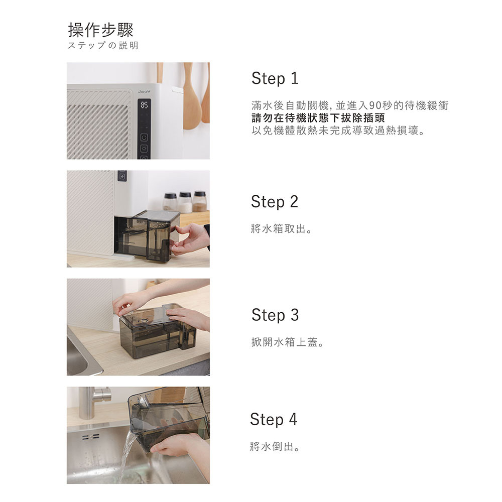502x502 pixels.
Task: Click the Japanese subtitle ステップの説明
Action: coord(103,46)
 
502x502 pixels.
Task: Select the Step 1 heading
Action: coord(275,78)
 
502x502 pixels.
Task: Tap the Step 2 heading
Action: coord(275,202)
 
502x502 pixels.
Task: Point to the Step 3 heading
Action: coord(275,315)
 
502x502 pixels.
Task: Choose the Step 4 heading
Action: coord(274,419)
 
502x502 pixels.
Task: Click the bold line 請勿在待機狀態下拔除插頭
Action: coord(318,119)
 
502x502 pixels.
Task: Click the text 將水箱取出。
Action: coord(282,230)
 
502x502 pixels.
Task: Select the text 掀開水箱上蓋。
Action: coord(288,343)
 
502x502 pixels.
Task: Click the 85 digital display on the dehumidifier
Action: coord(144,105)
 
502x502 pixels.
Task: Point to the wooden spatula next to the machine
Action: coord(192,100)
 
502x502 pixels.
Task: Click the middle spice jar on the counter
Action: coord(185,202)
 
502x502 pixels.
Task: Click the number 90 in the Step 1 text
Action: coord(375,106)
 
